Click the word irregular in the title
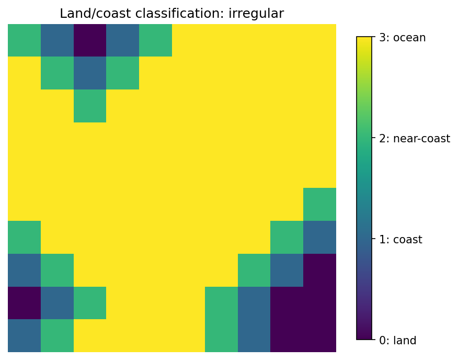tap(256, 14)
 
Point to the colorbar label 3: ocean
tap(402, 38)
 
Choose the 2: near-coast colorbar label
tap(414, 139)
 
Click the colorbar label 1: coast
tap(400, 240)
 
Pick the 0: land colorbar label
tap(397, 341)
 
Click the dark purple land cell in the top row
tap(90, 40)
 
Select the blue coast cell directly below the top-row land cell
tap(90, 73)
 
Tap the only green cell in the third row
tap(90, 106)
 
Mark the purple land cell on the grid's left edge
tap(24, 303)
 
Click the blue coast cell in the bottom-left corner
tap(24, 336)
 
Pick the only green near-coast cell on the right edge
tap(319, 204)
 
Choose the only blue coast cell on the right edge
tap(319, 237)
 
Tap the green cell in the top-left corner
tap(24, 40)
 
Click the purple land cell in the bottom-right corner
tap(319, 336)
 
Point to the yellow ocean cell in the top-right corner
tap(319, 40)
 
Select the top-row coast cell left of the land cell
tap(57, 40)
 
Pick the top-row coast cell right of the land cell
tap(123, 40)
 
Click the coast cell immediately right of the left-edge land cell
tap(57, 303)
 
